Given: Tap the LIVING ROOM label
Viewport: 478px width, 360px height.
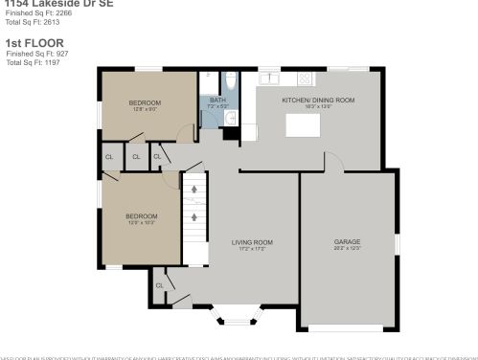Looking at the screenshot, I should (x=252, y=242).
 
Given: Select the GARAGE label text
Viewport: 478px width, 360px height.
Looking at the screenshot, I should (x=347, y=241).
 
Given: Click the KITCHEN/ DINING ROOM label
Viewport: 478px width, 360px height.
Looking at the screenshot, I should (x=318, y=100).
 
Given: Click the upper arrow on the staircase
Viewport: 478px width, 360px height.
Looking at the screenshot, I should (x=194, y=190).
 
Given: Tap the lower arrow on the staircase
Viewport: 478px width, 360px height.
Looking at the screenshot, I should (x=194, y=217).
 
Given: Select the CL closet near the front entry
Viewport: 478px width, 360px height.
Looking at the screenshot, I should (x=160, y=285).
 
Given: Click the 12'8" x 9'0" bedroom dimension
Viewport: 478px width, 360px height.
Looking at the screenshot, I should (x=145, y=109).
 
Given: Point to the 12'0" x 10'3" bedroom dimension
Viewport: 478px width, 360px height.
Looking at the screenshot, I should (x=141, y=223).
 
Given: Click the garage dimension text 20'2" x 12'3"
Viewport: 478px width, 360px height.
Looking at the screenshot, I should (x=347, y=248).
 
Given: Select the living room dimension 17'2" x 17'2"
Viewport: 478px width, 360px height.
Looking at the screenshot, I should (x=252, y=249).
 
